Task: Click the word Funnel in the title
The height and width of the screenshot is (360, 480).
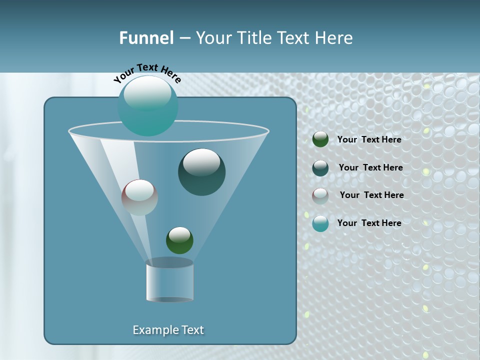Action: [x=146, y=38]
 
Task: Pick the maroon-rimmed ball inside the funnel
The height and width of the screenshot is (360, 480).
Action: [x=140, y=197]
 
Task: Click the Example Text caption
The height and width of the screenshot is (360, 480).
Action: [x=168, y=330]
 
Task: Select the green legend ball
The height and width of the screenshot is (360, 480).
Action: [x=320, y=139]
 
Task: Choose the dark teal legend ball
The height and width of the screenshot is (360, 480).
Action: [x=320, y=168]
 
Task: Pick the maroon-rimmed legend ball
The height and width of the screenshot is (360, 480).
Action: [x=320, y=196]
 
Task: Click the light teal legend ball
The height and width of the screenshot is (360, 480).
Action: [x=320, y=223]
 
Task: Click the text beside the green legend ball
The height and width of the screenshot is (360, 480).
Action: [x=369, y=140]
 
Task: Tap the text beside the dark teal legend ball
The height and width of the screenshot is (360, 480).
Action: [x=370, y=168]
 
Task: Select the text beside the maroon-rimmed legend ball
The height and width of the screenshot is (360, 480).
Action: [x=371, y=195]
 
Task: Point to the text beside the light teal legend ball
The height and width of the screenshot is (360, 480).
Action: [x=369, y=223]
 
